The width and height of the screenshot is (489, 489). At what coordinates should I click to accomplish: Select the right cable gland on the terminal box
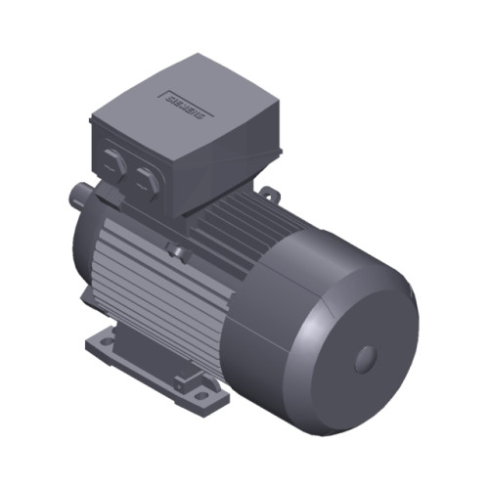pyautogui.click(x=146, y=178)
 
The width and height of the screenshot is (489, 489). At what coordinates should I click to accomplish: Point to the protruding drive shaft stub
pyautogui.click(x=75, y=199)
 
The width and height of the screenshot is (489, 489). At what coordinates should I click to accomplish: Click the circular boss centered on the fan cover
pyautogui.click(x=366, y=358)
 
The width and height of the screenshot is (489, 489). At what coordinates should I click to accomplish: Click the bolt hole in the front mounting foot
pyautogui.click(x=202, y=396)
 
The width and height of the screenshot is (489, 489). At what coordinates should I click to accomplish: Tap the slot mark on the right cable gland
pyautogui.click(x=146, y=177)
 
